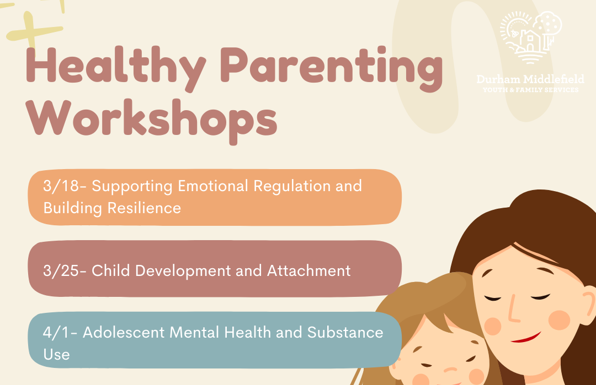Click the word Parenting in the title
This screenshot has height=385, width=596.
pyautogui.click(x=332, y=68)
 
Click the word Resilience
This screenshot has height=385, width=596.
pyautogui.click(x=144, y=208)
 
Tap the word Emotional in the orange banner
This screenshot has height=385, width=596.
pyautogui.click(x=213, y=186)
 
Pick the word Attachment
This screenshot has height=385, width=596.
pyautogui.click(x=308, y=270)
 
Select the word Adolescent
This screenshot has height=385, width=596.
pyautogui.click(x=124, y=332)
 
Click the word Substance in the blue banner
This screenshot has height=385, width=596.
pyautogui.click(x=345, y=332)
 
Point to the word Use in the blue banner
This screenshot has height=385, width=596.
pyautogui.click(x=56, y=354)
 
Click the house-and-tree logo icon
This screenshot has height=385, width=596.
pyautogui.click(x=531, y=36)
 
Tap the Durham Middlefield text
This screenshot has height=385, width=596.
pyautogui.click(x=530, y=79)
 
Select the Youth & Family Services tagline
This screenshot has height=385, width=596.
pyautogui.click(x=531, y=90)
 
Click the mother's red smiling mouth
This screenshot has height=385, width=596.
pyautogui.click(x=526, y=338)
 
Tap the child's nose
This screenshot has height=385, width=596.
pyautogui.click(x=451, y=369)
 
